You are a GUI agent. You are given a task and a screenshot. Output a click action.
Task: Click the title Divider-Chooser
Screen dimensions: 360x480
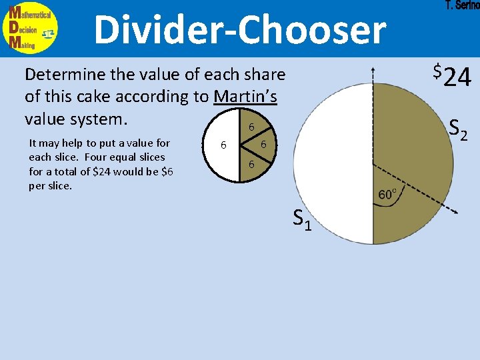pyautogui.click(x=239, y=30)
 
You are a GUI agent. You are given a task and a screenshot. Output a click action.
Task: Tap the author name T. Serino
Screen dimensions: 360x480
pyautogui.click(x=462, y=6)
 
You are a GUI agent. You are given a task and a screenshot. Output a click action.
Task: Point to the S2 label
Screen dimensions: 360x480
pyautogui.click(x=459, y=128)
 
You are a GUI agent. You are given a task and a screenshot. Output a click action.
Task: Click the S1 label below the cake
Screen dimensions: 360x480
pyautogui.click(x=303, y=219)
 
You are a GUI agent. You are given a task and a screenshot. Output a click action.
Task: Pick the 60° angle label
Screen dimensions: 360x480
pyautogui.click(x=388, y=194)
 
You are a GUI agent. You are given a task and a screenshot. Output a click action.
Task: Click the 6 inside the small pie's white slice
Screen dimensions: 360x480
pyautogui.click(x=224, y=145)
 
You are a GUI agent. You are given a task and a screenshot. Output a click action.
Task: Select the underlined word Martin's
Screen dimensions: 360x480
pyautogui.click(x=245, y=97)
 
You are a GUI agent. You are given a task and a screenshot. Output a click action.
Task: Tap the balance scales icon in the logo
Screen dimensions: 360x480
pyautogui.click(x=48, y=33)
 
